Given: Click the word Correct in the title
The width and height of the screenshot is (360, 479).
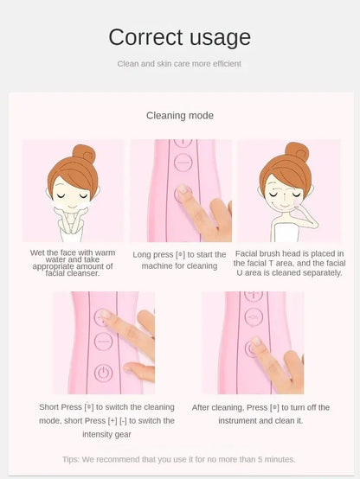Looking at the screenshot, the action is (x=146, y=37).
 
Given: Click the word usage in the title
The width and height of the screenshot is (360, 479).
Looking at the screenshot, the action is (x=220, y=39).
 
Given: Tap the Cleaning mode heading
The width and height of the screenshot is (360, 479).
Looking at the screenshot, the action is (x=180, y=116).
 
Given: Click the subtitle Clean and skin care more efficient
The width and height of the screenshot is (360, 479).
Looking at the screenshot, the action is (x=179, y=64).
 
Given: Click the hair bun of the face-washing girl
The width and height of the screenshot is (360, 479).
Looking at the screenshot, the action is (x=85, y=153).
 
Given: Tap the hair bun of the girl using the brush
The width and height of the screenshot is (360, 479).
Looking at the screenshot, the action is (x=297, y=151).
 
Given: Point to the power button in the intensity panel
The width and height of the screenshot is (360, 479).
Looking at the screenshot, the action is (x=103, y=373).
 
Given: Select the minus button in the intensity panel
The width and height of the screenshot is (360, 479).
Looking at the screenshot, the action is (x=103, y=342).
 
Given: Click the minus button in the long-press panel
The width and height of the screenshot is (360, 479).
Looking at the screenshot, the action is (x=183, y=163).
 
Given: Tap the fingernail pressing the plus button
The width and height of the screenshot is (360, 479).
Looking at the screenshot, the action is (x=105, y=314).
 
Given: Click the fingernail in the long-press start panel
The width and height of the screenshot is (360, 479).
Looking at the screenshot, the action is (x=183, y=189).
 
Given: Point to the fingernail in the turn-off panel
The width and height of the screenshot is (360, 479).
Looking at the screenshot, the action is (x=255, y=341).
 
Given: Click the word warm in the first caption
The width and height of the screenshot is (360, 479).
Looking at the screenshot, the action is (x=105, y=253).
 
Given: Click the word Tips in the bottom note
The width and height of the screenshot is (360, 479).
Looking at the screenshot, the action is (x=71, y=459).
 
